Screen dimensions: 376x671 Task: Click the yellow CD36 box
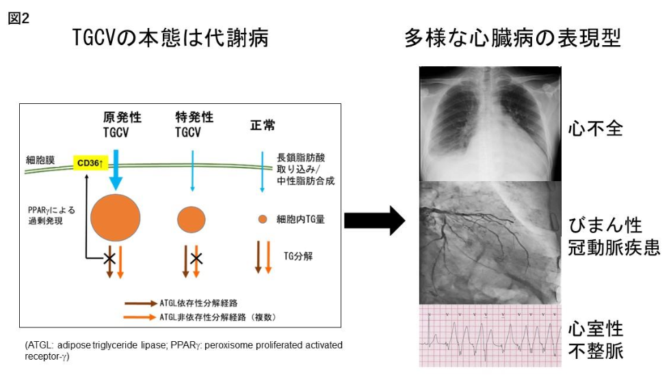88,163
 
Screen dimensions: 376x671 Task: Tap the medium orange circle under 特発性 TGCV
191,219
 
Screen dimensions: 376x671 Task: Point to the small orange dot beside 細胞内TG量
262,219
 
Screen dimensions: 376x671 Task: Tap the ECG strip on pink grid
489,335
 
